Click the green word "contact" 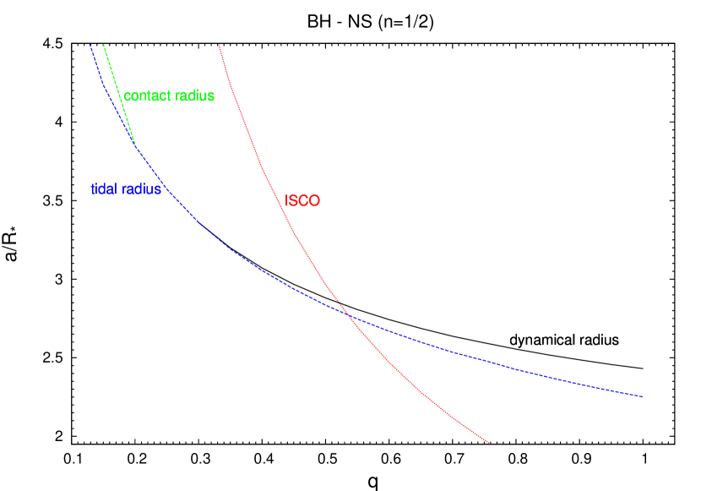tap(146, 96)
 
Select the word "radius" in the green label tap(193, 96)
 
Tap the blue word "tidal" tap(105, 189)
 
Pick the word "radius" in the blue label tap(142, 189)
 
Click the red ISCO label tap(302, 201)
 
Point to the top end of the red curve tap(219, 45)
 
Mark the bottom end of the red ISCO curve tap(490, 443)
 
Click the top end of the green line tap(103, 44)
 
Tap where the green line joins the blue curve tap(135, 145)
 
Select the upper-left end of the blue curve tap(90, 44)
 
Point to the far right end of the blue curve tap(644, 396)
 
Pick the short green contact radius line tap(118, 93)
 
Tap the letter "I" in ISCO tap(287, 201)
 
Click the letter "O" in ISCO tap(315, 201)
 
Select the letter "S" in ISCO tap(294, 201)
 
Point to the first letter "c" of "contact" tap(128, 96)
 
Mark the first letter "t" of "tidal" tap(93, 189)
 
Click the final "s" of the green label tap(211, 96)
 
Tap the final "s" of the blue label tap(158, 189)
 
